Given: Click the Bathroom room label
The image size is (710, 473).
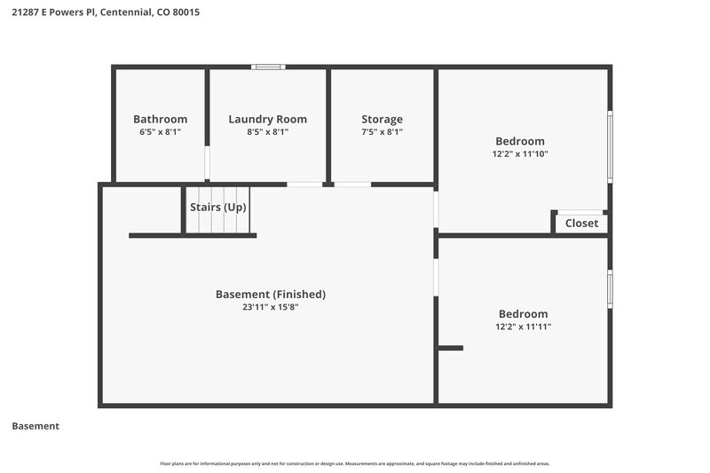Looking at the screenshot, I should pos(160,119).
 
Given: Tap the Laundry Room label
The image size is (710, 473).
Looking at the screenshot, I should pos(267,119).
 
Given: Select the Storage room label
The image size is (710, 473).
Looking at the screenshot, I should pos(382,119).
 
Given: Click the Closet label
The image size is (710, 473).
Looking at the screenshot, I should pos(581,224).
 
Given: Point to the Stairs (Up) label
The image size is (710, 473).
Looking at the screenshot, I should pos(217,207).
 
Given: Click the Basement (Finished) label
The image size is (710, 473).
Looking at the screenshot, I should pos(271,294).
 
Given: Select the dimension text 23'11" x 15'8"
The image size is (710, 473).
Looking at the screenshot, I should pos(271,307).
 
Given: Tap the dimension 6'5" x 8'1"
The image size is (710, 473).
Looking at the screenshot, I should pos(160,131).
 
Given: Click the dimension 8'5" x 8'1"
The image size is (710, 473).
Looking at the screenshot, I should pos(267,131).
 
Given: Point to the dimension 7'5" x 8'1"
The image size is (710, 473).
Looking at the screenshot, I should pos(382,131).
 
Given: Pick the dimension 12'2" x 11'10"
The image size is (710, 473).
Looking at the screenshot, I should pos(519,154).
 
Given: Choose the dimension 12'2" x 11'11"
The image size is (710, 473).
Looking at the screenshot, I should pos(523,327).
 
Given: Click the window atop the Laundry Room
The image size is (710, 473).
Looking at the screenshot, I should pos(267,67).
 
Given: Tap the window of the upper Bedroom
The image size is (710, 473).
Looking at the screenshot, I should pos(610,146).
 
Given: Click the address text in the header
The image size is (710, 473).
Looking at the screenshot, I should pos(99,12).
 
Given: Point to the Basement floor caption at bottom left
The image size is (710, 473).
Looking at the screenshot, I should pos(35,426).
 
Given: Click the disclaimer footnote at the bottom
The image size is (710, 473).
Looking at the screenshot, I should pos(354,463).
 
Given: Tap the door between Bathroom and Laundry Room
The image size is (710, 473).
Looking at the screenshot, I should pos(208,164).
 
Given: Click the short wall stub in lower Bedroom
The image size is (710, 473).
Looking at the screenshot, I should pos(450,348).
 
